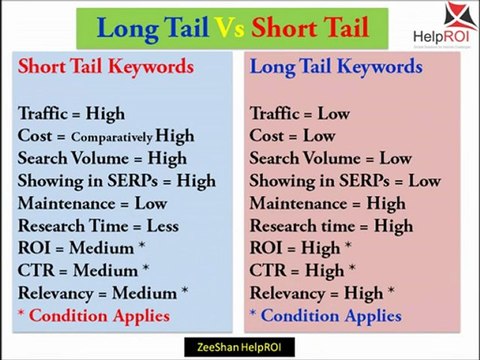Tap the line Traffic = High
tap(70, 113)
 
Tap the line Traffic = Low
tap(299, 113)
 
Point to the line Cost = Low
tap(292, 136)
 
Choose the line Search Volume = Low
tap(330, 158)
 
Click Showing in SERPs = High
tap(116, 181)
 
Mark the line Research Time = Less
tap(97, 226)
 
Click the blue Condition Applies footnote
tap(325, 316)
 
